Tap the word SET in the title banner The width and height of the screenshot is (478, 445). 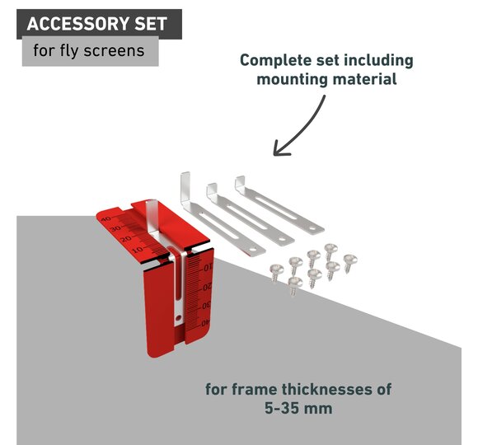pos(151,24)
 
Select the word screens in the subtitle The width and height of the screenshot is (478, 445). pos(114,51)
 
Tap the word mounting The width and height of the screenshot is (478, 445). pos(292,80)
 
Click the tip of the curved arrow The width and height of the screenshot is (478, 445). pos(274,155)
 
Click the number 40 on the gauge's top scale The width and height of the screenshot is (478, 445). pos(106,219)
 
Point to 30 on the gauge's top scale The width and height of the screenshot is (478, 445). pos(115,228)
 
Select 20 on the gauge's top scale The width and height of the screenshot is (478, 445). pos(125,239)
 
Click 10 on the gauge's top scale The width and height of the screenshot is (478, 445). pos(137,250)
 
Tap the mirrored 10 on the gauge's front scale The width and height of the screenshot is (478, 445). pos(208,268)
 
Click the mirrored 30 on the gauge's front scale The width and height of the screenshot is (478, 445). pos(206,305)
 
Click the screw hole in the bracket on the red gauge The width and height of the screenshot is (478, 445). pos(179,318)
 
